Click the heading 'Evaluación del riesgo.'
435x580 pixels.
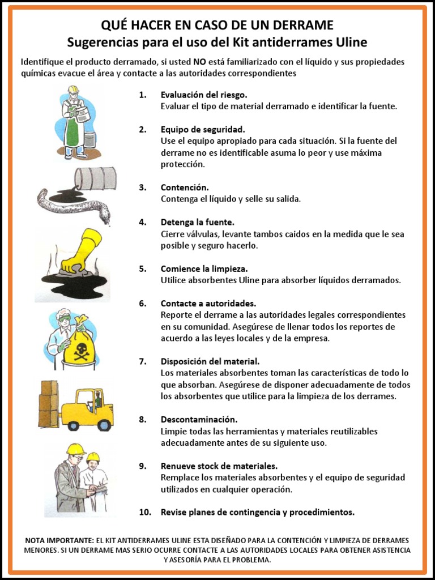tap(204, 95)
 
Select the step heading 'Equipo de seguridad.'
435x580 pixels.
tap(203, 129)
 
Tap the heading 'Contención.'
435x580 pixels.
tap(185, 187)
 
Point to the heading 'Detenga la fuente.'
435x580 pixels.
tap(197, 222)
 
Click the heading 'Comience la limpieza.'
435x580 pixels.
tap(204, 268)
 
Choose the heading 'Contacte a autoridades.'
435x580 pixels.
tap(208, 303)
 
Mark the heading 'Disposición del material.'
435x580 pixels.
tap(210, 361)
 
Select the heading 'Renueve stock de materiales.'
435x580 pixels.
tap(219, 466)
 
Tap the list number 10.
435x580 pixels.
tap(145, 512)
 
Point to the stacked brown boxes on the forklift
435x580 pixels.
tap(48, 403)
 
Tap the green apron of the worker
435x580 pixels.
tap(72, 130)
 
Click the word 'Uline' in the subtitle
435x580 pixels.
tap(351, 42)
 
